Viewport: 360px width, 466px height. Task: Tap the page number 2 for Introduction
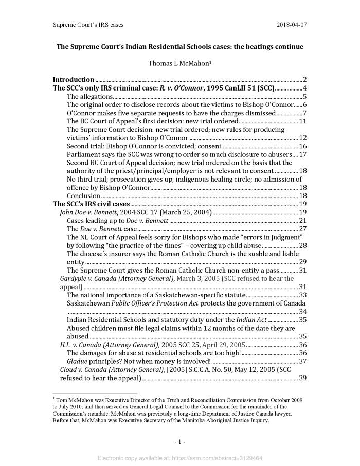(305, 80)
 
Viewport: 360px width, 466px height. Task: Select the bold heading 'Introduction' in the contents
(74, 80)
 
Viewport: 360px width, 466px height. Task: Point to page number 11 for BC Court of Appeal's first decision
(303, 121)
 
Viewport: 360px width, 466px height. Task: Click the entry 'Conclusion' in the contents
(83, 196)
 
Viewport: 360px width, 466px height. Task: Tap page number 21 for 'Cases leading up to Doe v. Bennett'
(303, 221)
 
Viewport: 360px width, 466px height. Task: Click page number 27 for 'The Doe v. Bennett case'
(303, 229)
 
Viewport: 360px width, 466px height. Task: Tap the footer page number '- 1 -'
(179, 442)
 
